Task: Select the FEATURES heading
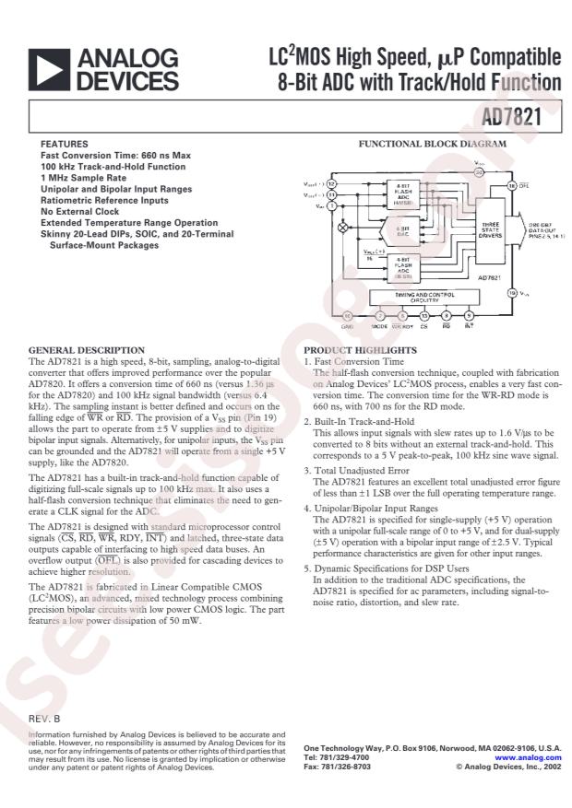(64, 145)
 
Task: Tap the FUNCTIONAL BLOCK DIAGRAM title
(432, 145)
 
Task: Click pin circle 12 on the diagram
(331, 184)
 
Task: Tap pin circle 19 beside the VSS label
(512, 293)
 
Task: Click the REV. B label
(44, 716)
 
